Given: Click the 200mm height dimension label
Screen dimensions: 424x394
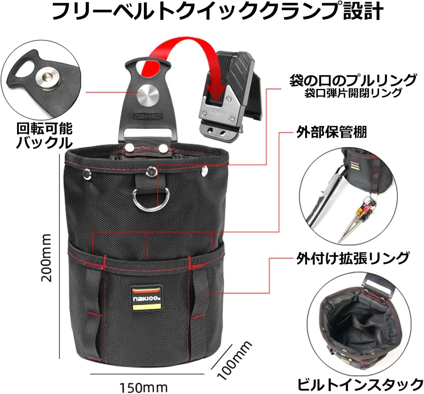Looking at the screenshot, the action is pyautogui.click(x=46, y=258).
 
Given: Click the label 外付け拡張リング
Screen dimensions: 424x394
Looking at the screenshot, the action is pyautogui.click(x=352, y=258).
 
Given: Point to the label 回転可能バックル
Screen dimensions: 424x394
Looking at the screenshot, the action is pyautogui.click(x=44, y=136).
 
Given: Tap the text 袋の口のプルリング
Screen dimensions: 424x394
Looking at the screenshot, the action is pyautogui.click(x=353, y=80).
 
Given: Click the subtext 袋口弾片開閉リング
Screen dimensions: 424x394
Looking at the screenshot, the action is pyautogui.click(x=353, y=93).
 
